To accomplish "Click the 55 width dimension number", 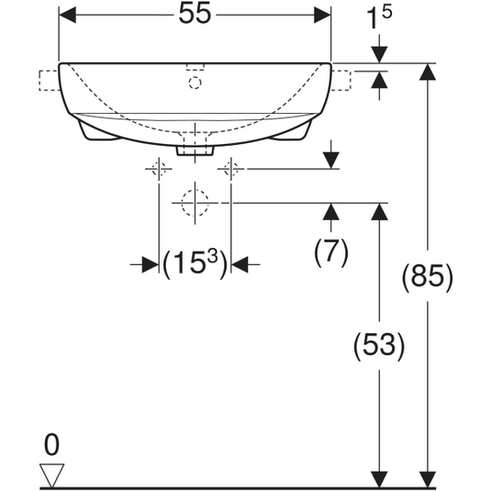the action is tap(195, 14).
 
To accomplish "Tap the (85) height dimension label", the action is tap(428, 277).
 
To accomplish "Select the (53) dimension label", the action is tap(379, 346).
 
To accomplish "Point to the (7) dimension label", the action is tap(331, 252).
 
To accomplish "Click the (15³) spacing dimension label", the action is tap(195, 264).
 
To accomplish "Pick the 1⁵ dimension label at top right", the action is tap(379, 17).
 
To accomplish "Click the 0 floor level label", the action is tap(51, 445).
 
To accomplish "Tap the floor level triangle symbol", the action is tap(51, 475).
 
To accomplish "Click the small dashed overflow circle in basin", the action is tap(195, 83).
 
